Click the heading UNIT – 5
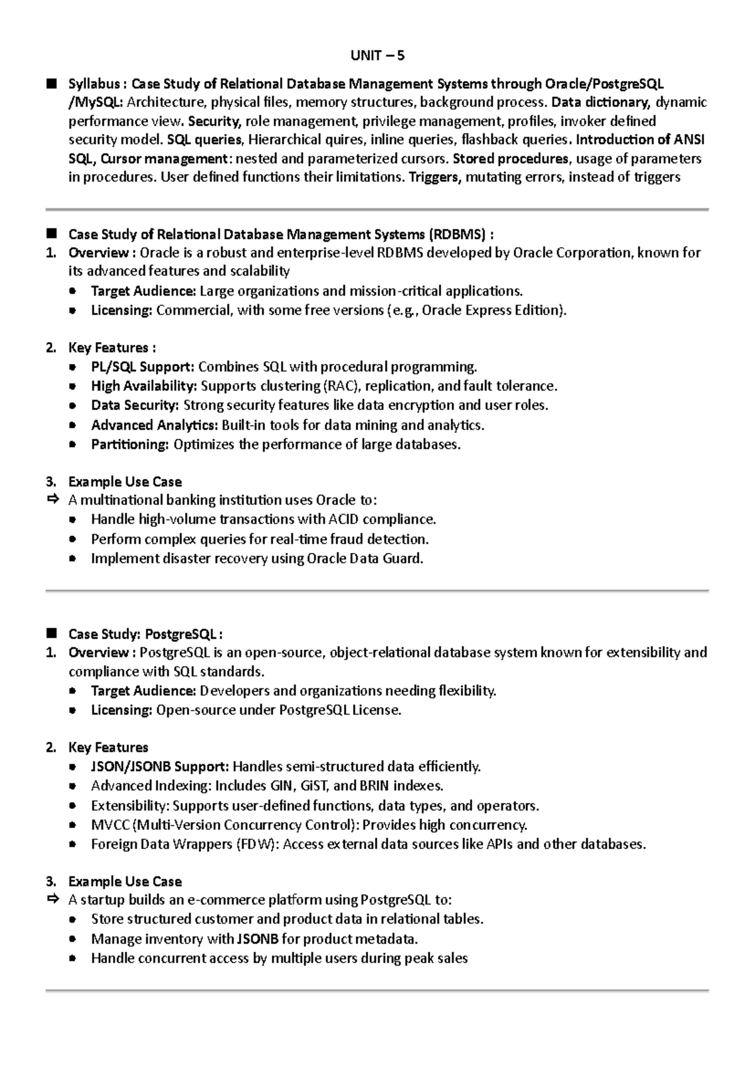pos(377,56)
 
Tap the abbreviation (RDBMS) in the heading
pos(457,235)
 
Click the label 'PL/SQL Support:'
pos(142,367)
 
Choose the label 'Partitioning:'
pos(130,444)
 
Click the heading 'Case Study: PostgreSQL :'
pos(145,634)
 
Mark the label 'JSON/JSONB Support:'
pos(160,766)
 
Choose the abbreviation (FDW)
pos(257,844)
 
